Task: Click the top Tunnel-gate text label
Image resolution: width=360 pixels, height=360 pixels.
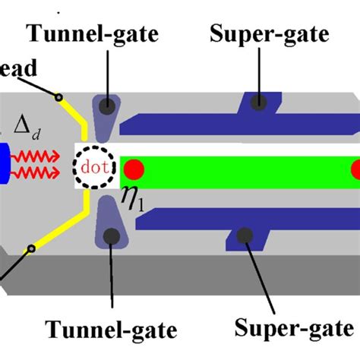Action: tap(106, 33)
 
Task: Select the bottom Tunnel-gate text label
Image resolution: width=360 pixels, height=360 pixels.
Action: tap(112, 330)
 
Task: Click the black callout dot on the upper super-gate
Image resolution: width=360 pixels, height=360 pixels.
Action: tap(259, 103)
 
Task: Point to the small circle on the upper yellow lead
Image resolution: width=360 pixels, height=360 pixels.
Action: tap(58, 96)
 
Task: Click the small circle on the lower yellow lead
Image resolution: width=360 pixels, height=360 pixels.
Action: tap(31, 248)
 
